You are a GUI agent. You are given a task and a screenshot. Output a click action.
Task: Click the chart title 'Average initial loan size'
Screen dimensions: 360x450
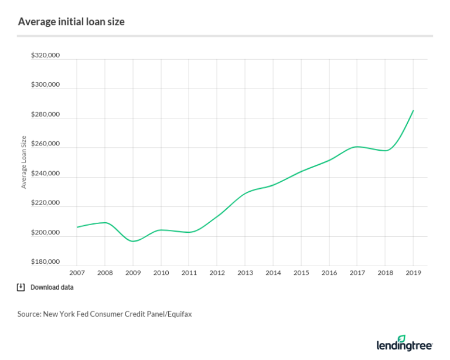pyautogui.click(x=71, y=22)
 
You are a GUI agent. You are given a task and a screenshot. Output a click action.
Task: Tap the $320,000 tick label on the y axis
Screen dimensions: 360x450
pyautogui.click(x=46, y=56)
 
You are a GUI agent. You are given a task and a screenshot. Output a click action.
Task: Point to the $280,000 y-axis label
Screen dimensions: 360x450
pyautogui.click(x=46, y=115)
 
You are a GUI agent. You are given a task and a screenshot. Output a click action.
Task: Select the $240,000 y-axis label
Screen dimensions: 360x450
pyautogui.click(x=46, y=174)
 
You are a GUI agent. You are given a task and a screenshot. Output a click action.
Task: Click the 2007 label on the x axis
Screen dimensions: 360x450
pyautogui.click(x=77, y=273)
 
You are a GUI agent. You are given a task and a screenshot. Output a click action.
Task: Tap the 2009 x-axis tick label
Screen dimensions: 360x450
pyautogui.click(x=133, y=273)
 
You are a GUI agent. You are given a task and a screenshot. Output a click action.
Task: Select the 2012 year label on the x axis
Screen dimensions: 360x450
pyautogui.click(x=217, y=273)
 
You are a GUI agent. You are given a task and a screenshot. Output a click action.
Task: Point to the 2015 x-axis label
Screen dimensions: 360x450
pyautogui.click(x=301, y=273)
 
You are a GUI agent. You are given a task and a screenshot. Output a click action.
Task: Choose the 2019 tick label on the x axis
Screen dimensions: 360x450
pyautogui.click(x=413, y=273)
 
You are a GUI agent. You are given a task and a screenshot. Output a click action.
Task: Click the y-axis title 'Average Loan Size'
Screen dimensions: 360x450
pyautogui.click(x=24, y=162)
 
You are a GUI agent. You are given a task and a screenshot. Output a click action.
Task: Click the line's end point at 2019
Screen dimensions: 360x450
pyautogui.click(x=413, y=110)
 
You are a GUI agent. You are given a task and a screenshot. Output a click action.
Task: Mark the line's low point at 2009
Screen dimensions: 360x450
pyautogui.click(x=133, y=241)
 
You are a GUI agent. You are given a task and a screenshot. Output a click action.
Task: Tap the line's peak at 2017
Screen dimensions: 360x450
pyautogui.click(x=357, y=147)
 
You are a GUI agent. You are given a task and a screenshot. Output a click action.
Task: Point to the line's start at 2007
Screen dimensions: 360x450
pyautogui.click(x=77, y=227)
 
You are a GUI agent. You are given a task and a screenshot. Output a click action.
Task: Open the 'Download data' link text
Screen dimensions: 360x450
pyautogui.click(x=52, y=288)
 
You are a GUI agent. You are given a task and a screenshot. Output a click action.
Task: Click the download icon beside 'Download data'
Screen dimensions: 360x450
pyautogui.click(x=21, y=287)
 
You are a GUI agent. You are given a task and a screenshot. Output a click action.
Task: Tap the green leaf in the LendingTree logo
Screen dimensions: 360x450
pyautogui.click(x=401, y=338)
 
